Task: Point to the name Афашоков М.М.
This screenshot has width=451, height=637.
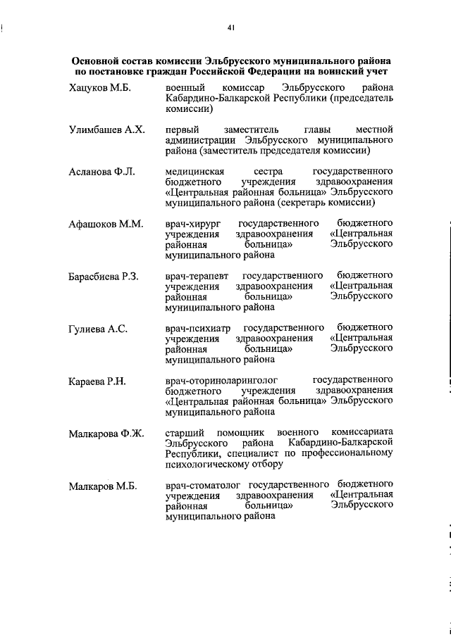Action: [x=106, y=225]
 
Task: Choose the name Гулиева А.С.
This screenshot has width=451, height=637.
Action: [x=98, y=329]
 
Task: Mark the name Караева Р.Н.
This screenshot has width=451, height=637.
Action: [x=97, y=381]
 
